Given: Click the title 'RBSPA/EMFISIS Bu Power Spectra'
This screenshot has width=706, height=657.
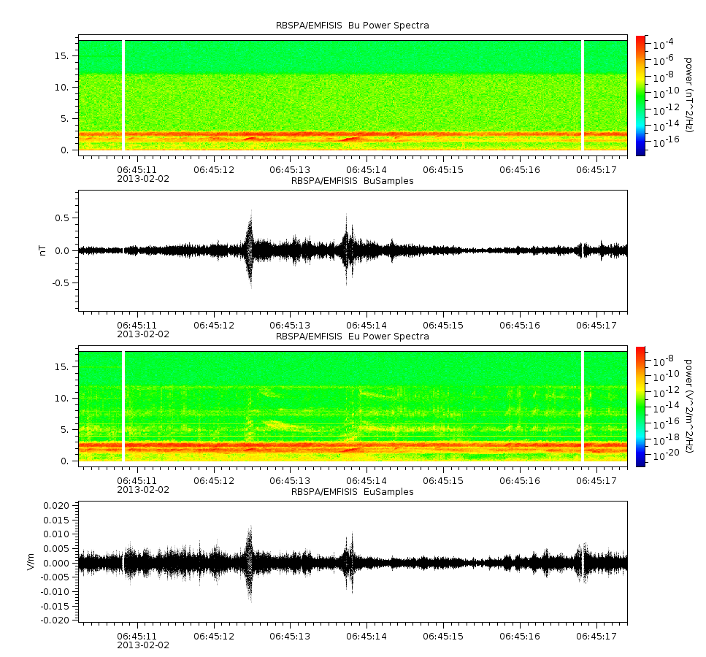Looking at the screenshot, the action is tap(352, 26).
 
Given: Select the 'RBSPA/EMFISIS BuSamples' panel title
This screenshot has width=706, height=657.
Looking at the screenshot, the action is tap(352, 181).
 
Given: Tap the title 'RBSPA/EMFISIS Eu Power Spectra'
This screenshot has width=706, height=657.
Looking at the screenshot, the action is tap(352, 337).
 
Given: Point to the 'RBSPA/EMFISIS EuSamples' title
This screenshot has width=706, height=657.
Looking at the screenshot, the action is tap(352, 492).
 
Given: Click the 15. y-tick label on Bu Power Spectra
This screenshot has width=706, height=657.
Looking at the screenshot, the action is tap(61, 55).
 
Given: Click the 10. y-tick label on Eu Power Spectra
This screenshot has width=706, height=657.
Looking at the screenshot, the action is tap(61, 398).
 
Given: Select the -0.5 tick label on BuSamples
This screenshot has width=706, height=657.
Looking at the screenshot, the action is tap(61, 283).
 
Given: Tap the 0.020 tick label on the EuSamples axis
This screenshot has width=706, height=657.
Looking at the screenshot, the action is tap(57, 505).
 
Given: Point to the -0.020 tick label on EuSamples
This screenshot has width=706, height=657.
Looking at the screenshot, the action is tap(55, 620).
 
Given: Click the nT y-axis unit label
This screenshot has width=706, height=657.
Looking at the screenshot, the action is tap(43, 250).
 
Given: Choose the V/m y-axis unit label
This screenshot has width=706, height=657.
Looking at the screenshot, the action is tap(31, 562).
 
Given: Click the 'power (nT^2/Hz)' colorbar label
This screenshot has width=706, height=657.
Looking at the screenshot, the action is tap(688, 95).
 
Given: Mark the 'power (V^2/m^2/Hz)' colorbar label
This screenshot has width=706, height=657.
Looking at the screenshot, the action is tap(688, 406).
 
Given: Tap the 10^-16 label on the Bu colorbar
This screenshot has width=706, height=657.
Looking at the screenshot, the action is tap(667, 142).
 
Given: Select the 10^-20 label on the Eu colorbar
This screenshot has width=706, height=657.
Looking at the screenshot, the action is tap(667, 454).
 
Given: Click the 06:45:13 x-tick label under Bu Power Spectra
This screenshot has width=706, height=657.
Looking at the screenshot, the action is tap(290, 170).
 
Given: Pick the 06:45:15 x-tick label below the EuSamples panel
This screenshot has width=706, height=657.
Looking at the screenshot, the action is tap(443, 637).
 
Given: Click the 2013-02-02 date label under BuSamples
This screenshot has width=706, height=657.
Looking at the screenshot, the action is tap(143, 334).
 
